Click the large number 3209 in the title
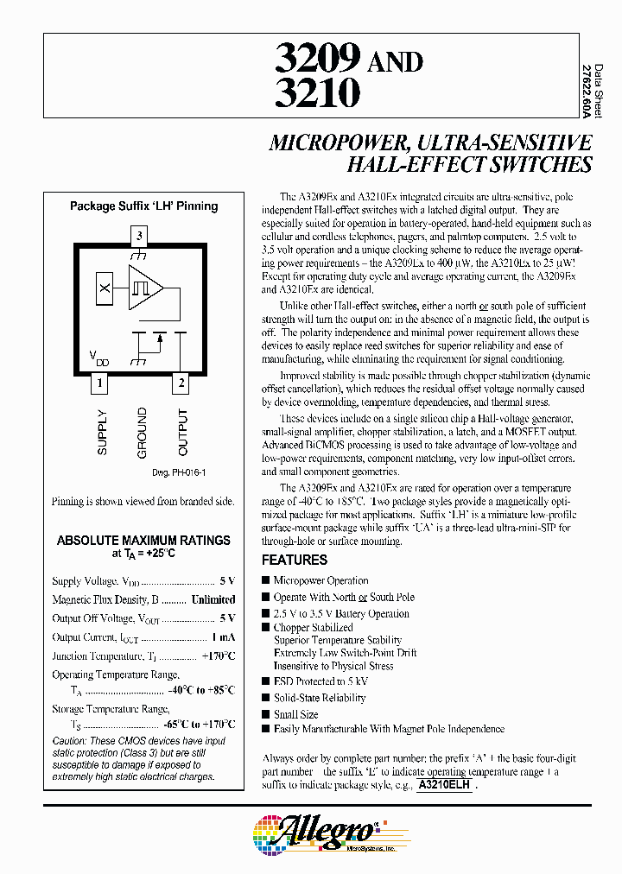pos(317,60)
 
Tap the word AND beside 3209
pos(396,62)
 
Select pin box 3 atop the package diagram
pos(141,235)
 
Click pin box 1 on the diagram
pos(101,383)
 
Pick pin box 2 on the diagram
pos(181,383)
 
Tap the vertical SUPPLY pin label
pos(103,432)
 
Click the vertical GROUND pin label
pos(142,432)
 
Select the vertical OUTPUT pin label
pos(182,432)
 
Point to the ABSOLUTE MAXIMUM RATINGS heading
pos(143,541)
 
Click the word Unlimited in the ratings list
pos(213,599)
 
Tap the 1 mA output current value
pos(223,637)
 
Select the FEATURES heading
pos(295,560)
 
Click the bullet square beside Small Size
pos(266,714)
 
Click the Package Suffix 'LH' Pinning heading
pos(143,206)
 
